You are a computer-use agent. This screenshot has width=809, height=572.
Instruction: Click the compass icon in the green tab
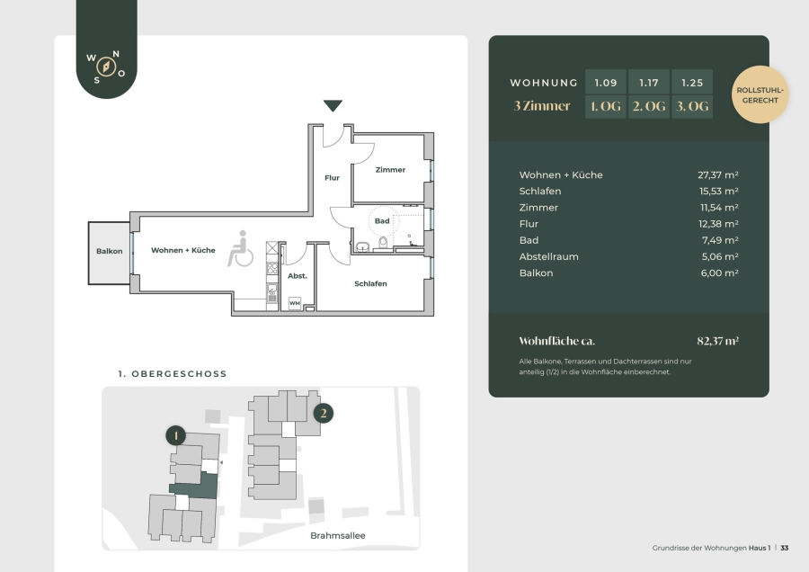106,67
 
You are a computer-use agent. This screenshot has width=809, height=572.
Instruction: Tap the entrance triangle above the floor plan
333,105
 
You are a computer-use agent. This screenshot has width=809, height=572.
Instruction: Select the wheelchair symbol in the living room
240,249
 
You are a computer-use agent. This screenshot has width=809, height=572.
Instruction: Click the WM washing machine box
295,303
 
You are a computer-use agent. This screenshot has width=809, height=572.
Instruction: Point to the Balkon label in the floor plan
110,252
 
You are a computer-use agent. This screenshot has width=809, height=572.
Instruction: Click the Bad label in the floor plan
382,221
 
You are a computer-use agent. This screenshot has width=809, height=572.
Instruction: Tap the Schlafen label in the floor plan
370,283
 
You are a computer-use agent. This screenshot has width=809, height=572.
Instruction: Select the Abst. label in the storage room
298,276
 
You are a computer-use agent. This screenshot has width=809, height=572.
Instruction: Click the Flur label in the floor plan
332,177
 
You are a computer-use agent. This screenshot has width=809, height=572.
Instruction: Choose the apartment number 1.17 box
648,83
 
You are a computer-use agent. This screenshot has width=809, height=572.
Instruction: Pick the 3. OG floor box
692,106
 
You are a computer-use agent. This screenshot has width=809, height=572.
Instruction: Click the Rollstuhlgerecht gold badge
760,94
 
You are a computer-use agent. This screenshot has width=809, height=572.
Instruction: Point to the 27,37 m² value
717,175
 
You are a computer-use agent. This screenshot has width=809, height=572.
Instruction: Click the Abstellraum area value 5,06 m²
720,256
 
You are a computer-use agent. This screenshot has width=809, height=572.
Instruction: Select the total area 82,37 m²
717,341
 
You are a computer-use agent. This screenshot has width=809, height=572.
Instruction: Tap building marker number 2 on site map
324,413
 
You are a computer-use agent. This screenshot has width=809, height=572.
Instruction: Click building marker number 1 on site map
176,435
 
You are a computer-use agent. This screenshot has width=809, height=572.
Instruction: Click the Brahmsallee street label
337,535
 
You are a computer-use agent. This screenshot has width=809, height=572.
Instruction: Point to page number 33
784,548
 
